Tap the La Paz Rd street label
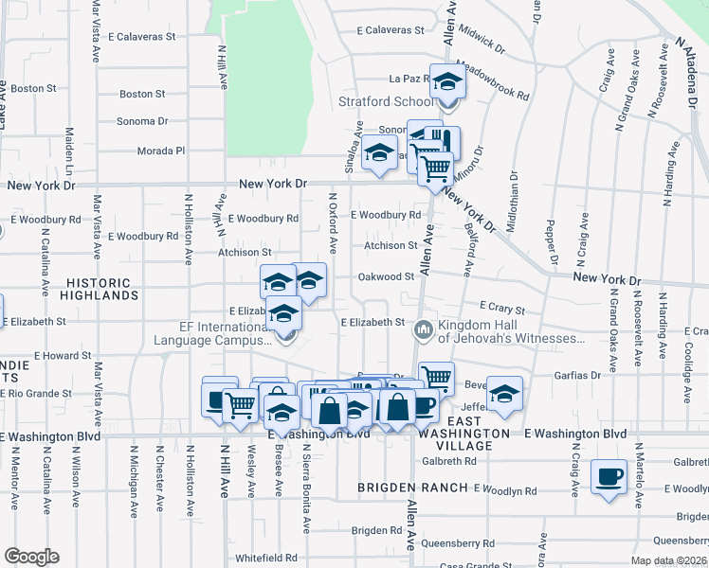click(x=409, y=79)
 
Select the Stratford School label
click(x=387, y=101)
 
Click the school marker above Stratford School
click(x=447, y=83)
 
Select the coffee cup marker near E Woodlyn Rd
click(x=609, y=475)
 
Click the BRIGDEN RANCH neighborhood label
click(x=412, y=488)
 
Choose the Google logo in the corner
click(x=31, y=557)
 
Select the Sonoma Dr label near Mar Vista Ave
click(x=141, y=121)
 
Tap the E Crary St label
click(x=501, y=308)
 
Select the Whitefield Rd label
click(x=266, y=558)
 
